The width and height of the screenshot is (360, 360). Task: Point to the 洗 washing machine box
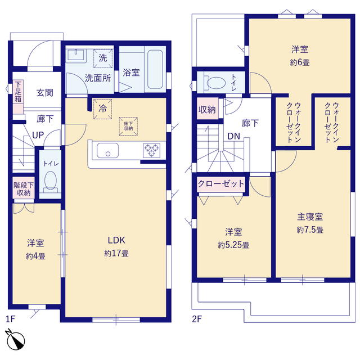click(x=103, y=57)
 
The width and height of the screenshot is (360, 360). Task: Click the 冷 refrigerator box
click(x=103, y=107)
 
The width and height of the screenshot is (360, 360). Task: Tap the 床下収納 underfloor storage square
click(x=127, y=127)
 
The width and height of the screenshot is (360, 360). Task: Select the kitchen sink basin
click(x=107, y=151)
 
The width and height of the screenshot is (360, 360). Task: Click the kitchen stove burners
click(x=151, y=150)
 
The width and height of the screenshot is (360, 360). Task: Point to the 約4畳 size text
click(x=35, y=256)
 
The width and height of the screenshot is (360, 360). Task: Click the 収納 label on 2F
click(x=207, y=110)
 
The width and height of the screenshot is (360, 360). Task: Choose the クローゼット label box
click(x=221, y=183)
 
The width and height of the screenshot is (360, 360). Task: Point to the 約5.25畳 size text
click(x=234, y=245)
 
